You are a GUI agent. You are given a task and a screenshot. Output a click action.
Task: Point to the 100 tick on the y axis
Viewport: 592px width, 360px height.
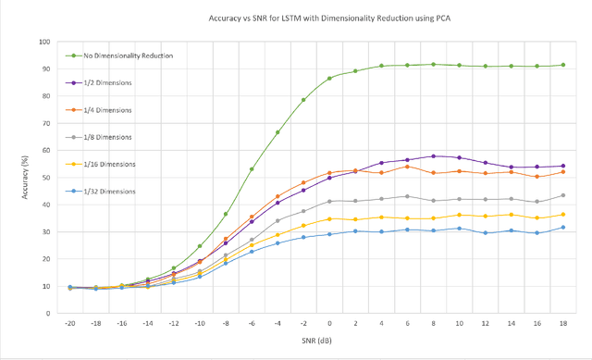43,42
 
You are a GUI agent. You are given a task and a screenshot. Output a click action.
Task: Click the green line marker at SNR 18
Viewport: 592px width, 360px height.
563,65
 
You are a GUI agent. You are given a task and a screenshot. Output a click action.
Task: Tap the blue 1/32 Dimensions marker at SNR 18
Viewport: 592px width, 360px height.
563,228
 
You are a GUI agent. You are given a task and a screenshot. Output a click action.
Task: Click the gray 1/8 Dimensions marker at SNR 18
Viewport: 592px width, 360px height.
563,195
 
